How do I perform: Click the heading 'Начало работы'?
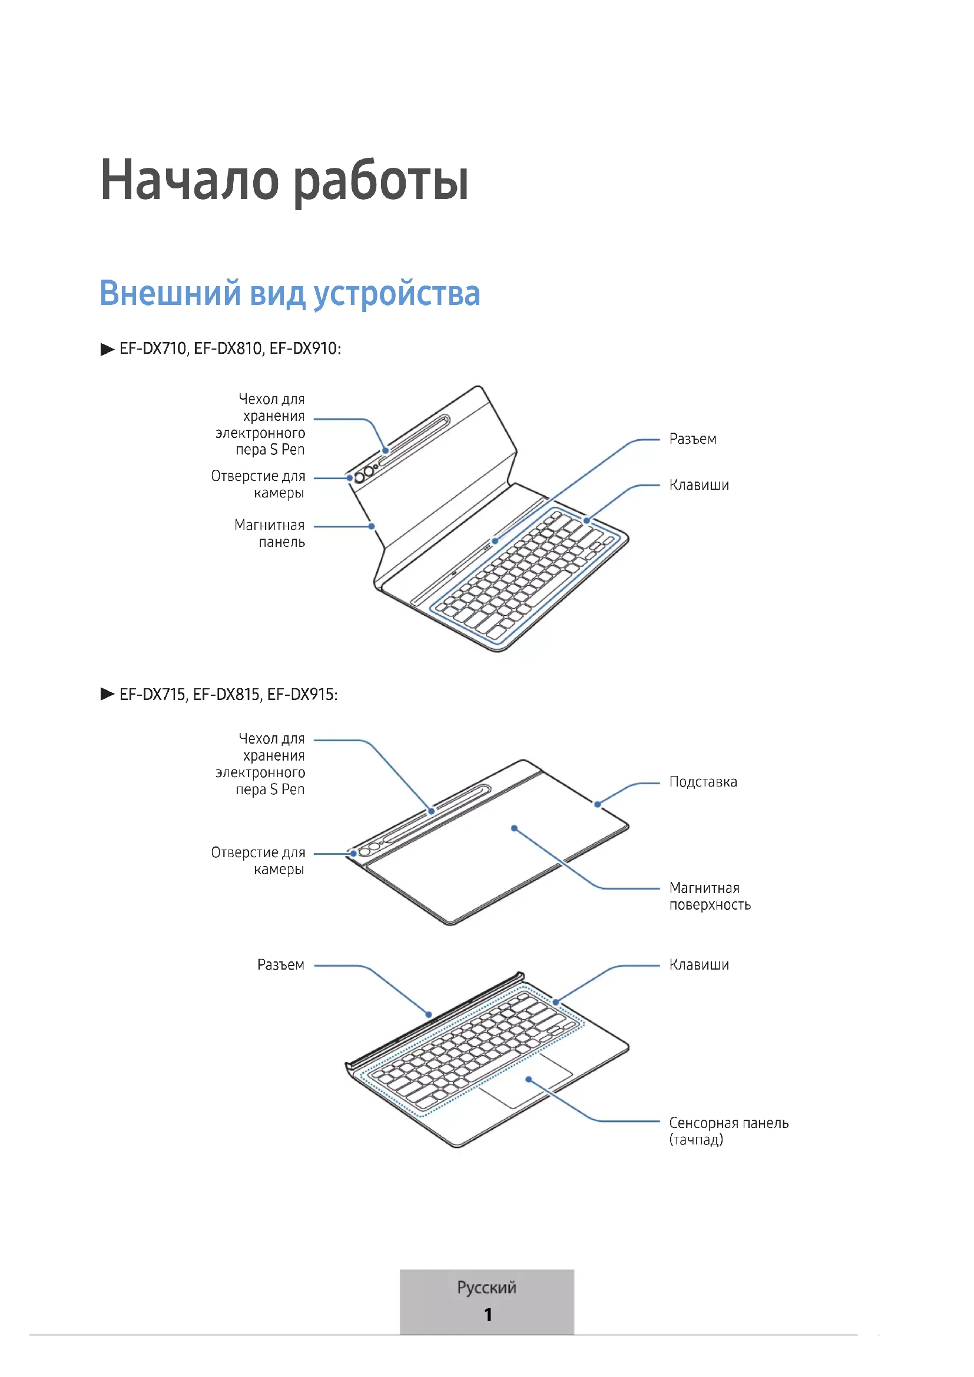click(x=284, y=181)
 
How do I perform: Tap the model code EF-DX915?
click(x=302, y=695)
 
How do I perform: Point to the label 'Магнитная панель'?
click(x=270, y=533)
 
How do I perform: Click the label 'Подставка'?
click(x=703, y=782)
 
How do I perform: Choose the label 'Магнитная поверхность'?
click(x=710, y=896)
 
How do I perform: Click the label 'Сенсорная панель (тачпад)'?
click(x=728, y=1131)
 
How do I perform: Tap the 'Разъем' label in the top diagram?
click(x=693, y=439)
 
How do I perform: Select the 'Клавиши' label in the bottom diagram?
click(x=699, y=965)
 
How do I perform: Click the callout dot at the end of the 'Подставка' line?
click(x=597, y=804)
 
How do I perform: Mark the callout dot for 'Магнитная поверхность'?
click(x=514, y=828)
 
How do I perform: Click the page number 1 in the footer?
click(x=488, y=1315)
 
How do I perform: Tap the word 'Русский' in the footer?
click(x=486, y=1287)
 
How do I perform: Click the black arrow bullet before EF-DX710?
click(x=107, y=349)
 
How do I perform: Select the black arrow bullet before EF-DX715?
click(x=107, y=695)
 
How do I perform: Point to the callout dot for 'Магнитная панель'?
click(x=372, y=526)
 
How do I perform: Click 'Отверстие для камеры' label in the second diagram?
click(x=259, y=861)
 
